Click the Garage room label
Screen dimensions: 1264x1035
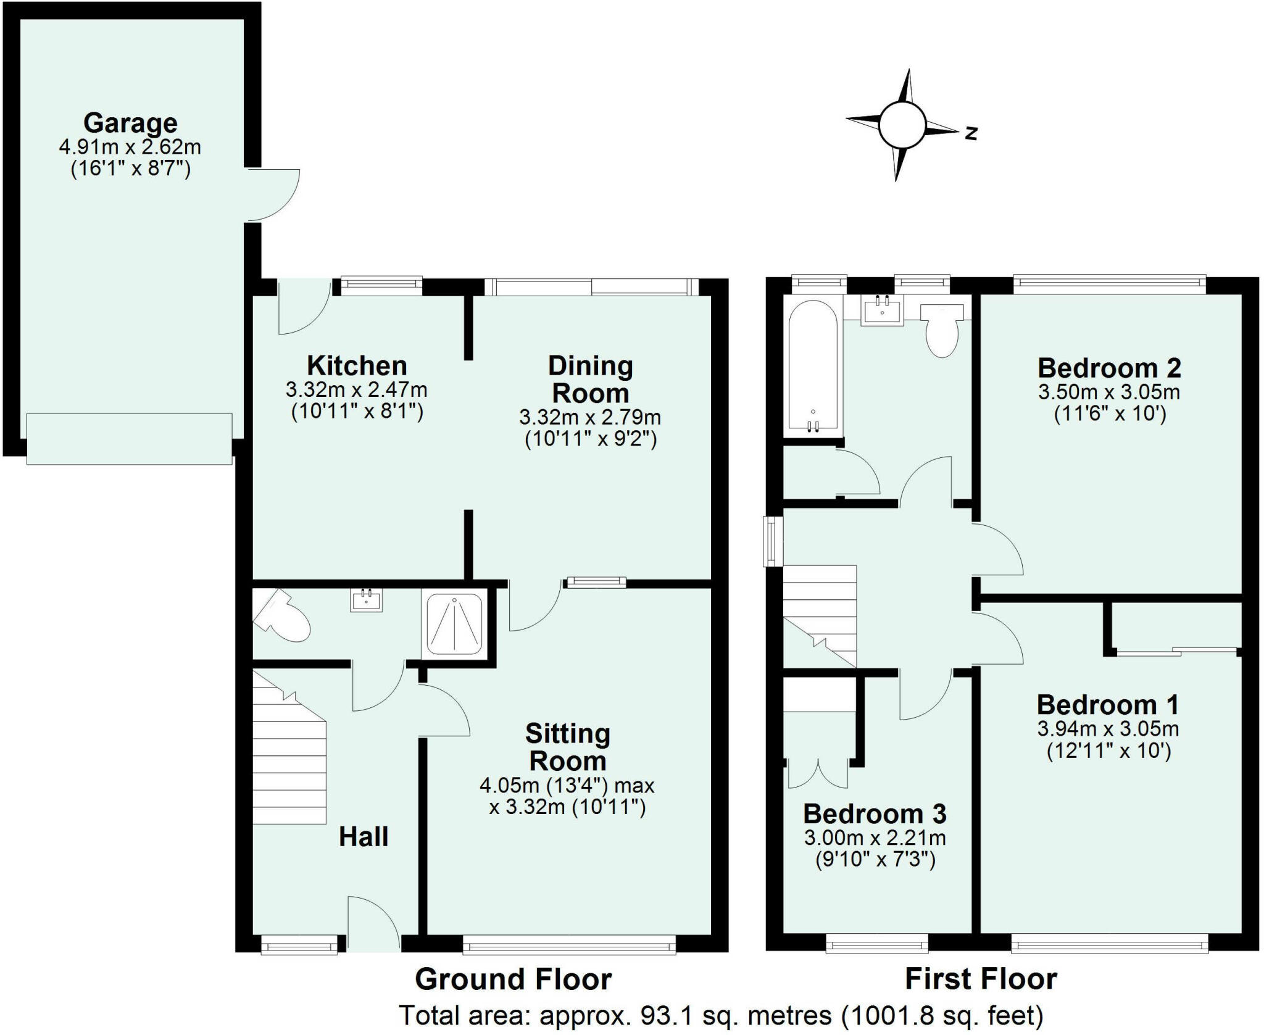[x=130, y=123]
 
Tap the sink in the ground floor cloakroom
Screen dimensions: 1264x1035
[x=367, y=600]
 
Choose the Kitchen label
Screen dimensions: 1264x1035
[x=357, y=366]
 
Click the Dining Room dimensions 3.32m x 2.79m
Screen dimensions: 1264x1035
[x=590, y=418]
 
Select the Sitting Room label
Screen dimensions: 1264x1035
[x=568, y=747]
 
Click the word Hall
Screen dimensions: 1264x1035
[x=364, y=837]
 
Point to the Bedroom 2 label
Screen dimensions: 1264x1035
[x=1109, y=368]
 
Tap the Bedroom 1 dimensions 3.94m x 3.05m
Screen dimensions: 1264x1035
[x=1108, y=729]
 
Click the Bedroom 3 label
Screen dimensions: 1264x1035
[x=875, y=814]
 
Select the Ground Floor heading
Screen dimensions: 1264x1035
[x=513, y=979]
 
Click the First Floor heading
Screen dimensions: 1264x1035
[x=981, y=979]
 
